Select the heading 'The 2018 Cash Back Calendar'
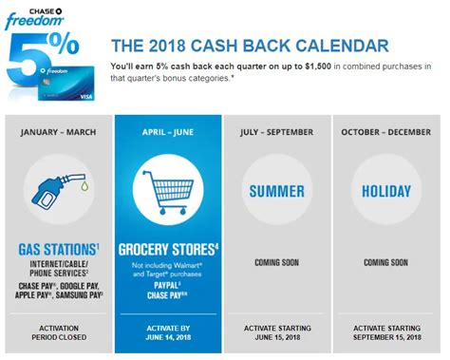[x=250, y=45]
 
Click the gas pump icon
[x=57, y=191]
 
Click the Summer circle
[x=279, y=191]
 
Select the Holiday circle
[x=389, y=191]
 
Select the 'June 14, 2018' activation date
[x=168, y=333]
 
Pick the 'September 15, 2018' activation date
[x=389, y=333]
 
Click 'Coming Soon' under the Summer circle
[x=279, y=261]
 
